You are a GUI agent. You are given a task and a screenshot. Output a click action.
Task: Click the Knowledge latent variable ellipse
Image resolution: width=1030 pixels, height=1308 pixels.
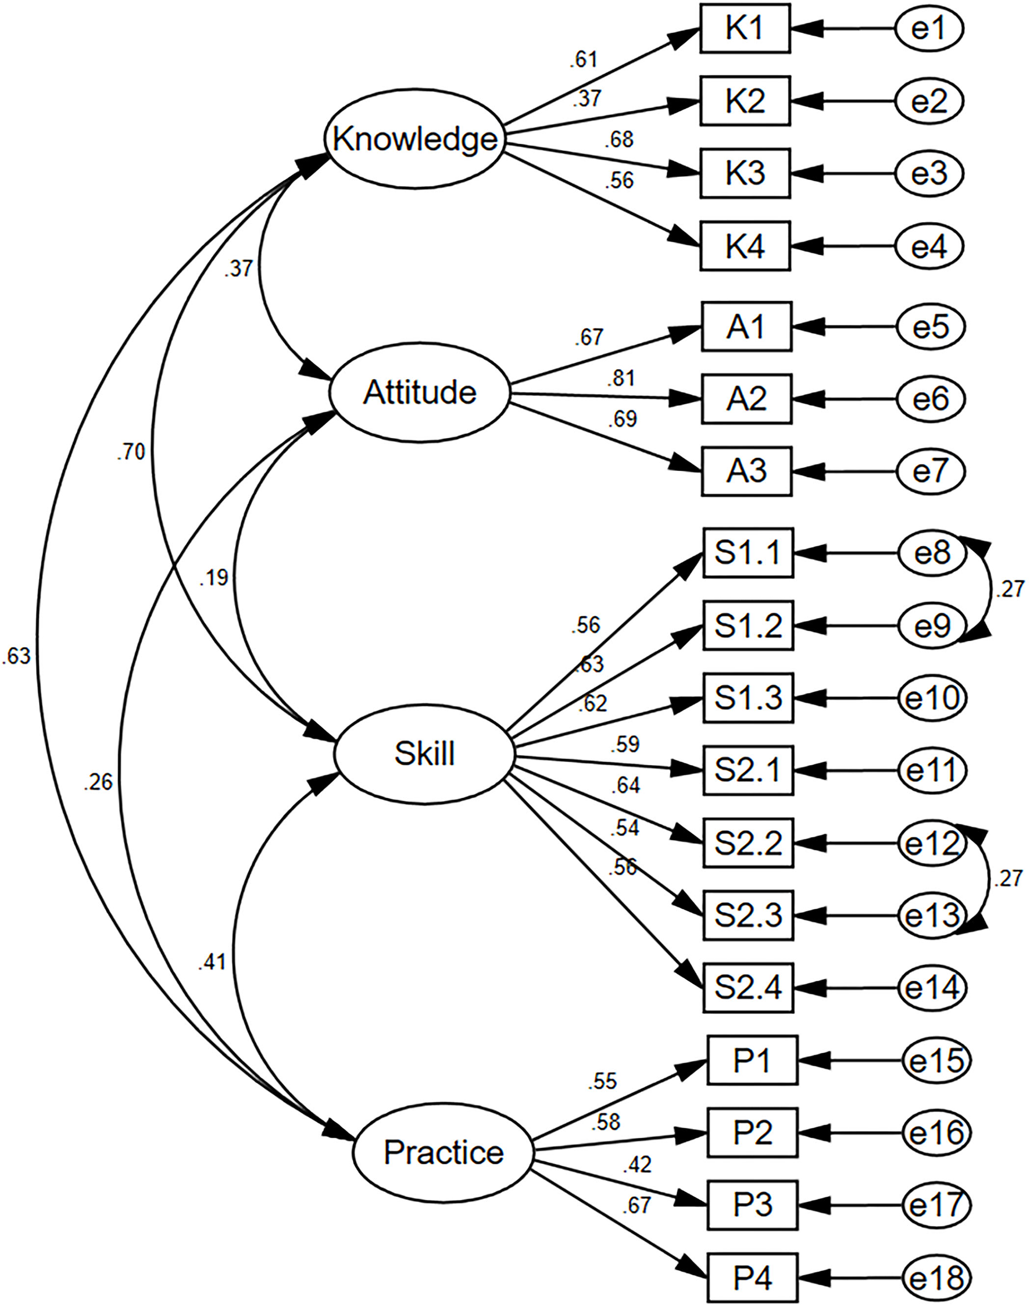[415, 140]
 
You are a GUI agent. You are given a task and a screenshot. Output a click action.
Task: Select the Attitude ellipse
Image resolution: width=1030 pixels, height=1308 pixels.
[420, 393]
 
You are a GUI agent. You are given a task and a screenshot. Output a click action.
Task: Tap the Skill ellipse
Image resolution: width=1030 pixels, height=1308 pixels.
[424, 754]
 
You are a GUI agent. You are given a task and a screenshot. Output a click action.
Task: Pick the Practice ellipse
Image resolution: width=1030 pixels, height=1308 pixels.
[444, 1152]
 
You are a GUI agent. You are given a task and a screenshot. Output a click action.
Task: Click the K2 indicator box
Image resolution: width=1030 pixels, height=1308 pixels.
[745, 101]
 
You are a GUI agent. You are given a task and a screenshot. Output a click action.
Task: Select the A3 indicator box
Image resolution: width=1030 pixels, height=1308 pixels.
[746, 471]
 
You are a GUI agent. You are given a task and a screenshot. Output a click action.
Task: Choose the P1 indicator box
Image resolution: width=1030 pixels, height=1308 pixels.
[752, 1060]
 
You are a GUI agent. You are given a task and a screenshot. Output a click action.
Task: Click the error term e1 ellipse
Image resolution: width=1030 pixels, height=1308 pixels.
[929, 28]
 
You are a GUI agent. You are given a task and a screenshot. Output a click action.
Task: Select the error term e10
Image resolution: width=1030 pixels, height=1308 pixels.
[932, 698]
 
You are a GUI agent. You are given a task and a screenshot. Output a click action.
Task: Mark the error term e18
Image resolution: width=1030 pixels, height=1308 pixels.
[936, 1277]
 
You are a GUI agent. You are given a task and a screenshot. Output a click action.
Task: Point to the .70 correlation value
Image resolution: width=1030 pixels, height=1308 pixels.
[131, 451]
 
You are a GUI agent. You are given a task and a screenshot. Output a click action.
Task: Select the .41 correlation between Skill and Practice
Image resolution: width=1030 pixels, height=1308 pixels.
[212, 963]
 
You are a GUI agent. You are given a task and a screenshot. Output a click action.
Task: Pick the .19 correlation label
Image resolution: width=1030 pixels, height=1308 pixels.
[214, 578]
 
